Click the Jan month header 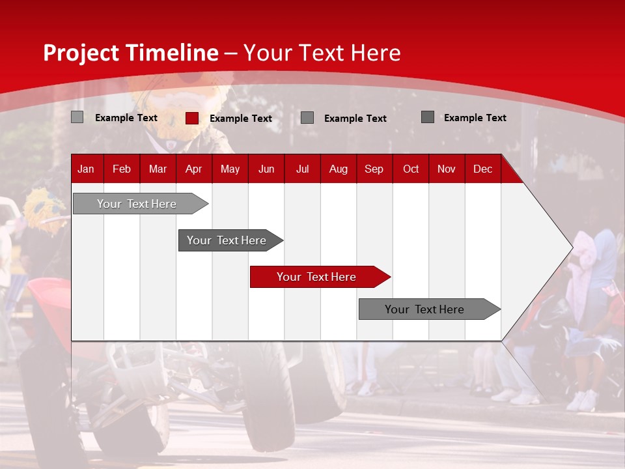86,169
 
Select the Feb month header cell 122,169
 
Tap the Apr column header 193,169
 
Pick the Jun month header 266,169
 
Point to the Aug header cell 338,169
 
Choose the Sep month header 374,169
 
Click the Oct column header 411,169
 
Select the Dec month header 482,169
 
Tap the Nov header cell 446,169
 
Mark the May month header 230,169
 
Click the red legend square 192,118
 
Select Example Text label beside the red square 240,119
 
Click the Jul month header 302,169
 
